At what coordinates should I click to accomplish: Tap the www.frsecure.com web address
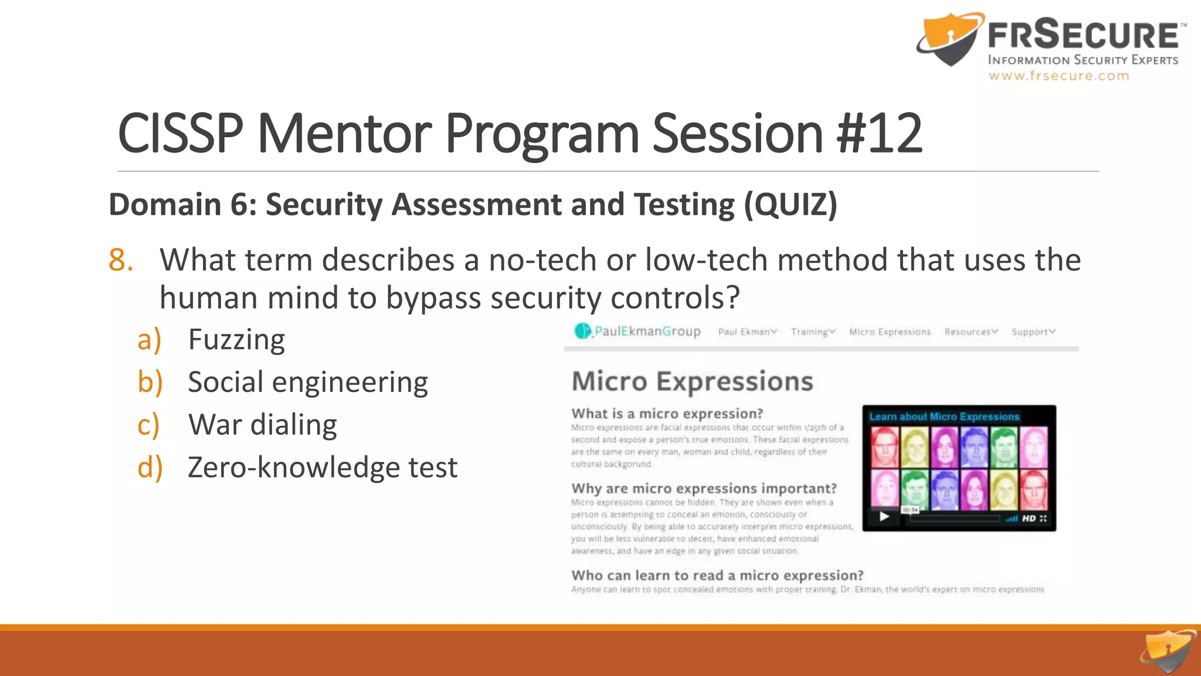pyautogui.click(x=1058, y=76)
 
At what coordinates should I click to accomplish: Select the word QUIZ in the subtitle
pyautogui.click(x=791, y=205)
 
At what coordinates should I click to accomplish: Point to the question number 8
pyautogui.click(x=121, y=260)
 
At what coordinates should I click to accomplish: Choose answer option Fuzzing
pyautogui.click(x=236, y=340)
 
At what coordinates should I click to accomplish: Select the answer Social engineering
pyautogui.click(x=308, y=383)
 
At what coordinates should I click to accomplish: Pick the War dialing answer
pyautogui.click(x=262, y=425)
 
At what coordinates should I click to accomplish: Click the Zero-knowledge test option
pyautogui.click(x=322, y=468)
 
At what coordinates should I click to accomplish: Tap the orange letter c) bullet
pyautogui.click(x=148, y=425)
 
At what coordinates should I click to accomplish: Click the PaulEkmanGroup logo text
pyautogui.click(x=647, y=332)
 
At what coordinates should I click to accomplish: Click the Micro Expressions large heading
pyautogui.click(x=692, y=381)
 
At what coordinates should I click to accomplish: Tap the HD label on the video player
pyautogui.click(x=1029, y=518)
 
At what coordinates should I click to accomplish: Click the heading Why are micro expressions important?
pyautogui.click(x=704, y=489)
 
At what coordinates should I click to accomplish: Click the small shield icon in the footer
pyautogui.click(x=1168, y=651)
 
